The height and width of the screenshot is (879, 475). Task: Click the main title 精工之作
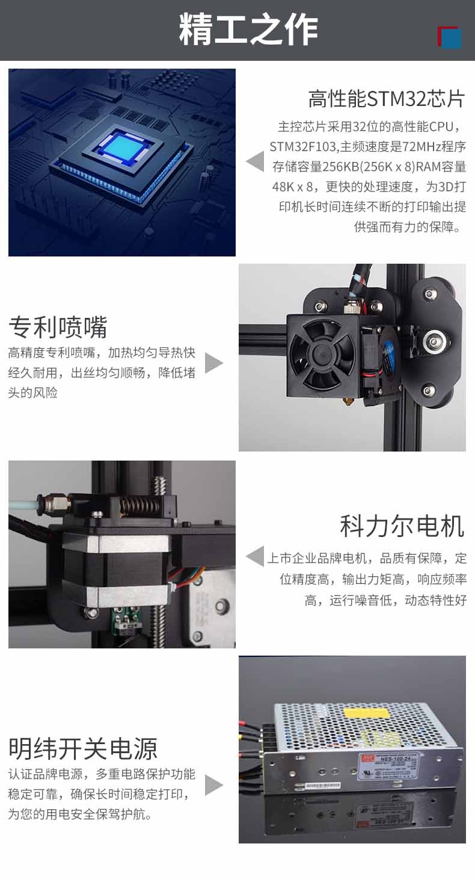248,30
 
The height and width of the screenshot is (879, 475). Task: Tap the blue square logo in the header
451,38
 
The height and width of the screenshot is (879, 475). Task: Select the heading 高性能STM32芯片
387,99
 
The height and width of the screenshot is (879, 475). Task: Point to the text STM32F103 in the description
303,147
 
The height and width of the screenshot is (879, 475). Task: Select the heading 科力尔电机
402,526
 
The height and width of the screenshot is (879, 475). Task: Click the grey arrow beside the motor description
255,556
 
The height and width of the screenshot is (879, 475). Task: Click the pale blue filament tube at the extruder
24,503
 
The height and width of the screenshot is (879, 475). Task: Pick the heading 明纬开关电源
83,748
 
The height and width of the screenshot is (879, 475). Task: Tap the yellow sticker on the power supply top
366,712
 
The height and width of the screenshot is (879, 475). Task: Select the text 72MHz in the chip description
421,147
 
